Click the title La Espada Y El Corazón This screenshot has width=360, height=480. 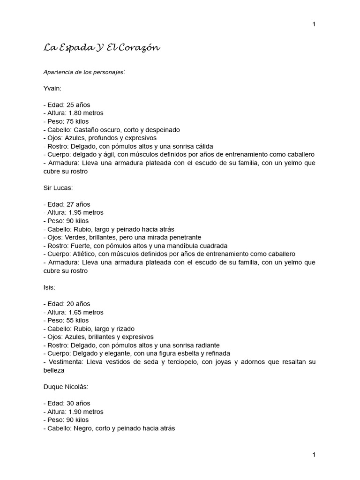[x=102, y=47]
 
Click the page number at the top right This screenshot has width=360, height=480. [x=314, y=24]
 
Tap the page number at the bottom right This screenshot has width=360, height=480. [x=314, y=455]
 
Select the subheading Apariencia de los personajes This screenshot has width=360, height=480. [x=84, y=72]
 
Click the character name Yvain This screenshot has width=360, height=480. [x=52, y=89]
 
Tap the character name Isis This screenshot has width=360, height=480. [x=49, y=287]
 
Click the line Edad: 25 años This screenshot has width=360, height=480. [x=67, y=105]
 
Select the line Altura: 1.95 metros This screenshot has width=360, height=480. [x=73, y=212]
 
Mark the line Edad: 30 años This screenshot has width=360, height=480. [x=67, y=403]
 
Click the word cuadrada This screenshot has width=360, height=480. [x=211, y=246]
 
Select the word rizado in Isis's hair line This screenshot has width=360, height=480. [x=125, y=329]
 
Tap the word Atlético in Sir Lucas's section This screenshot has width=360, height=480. [x=83, y=254]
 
